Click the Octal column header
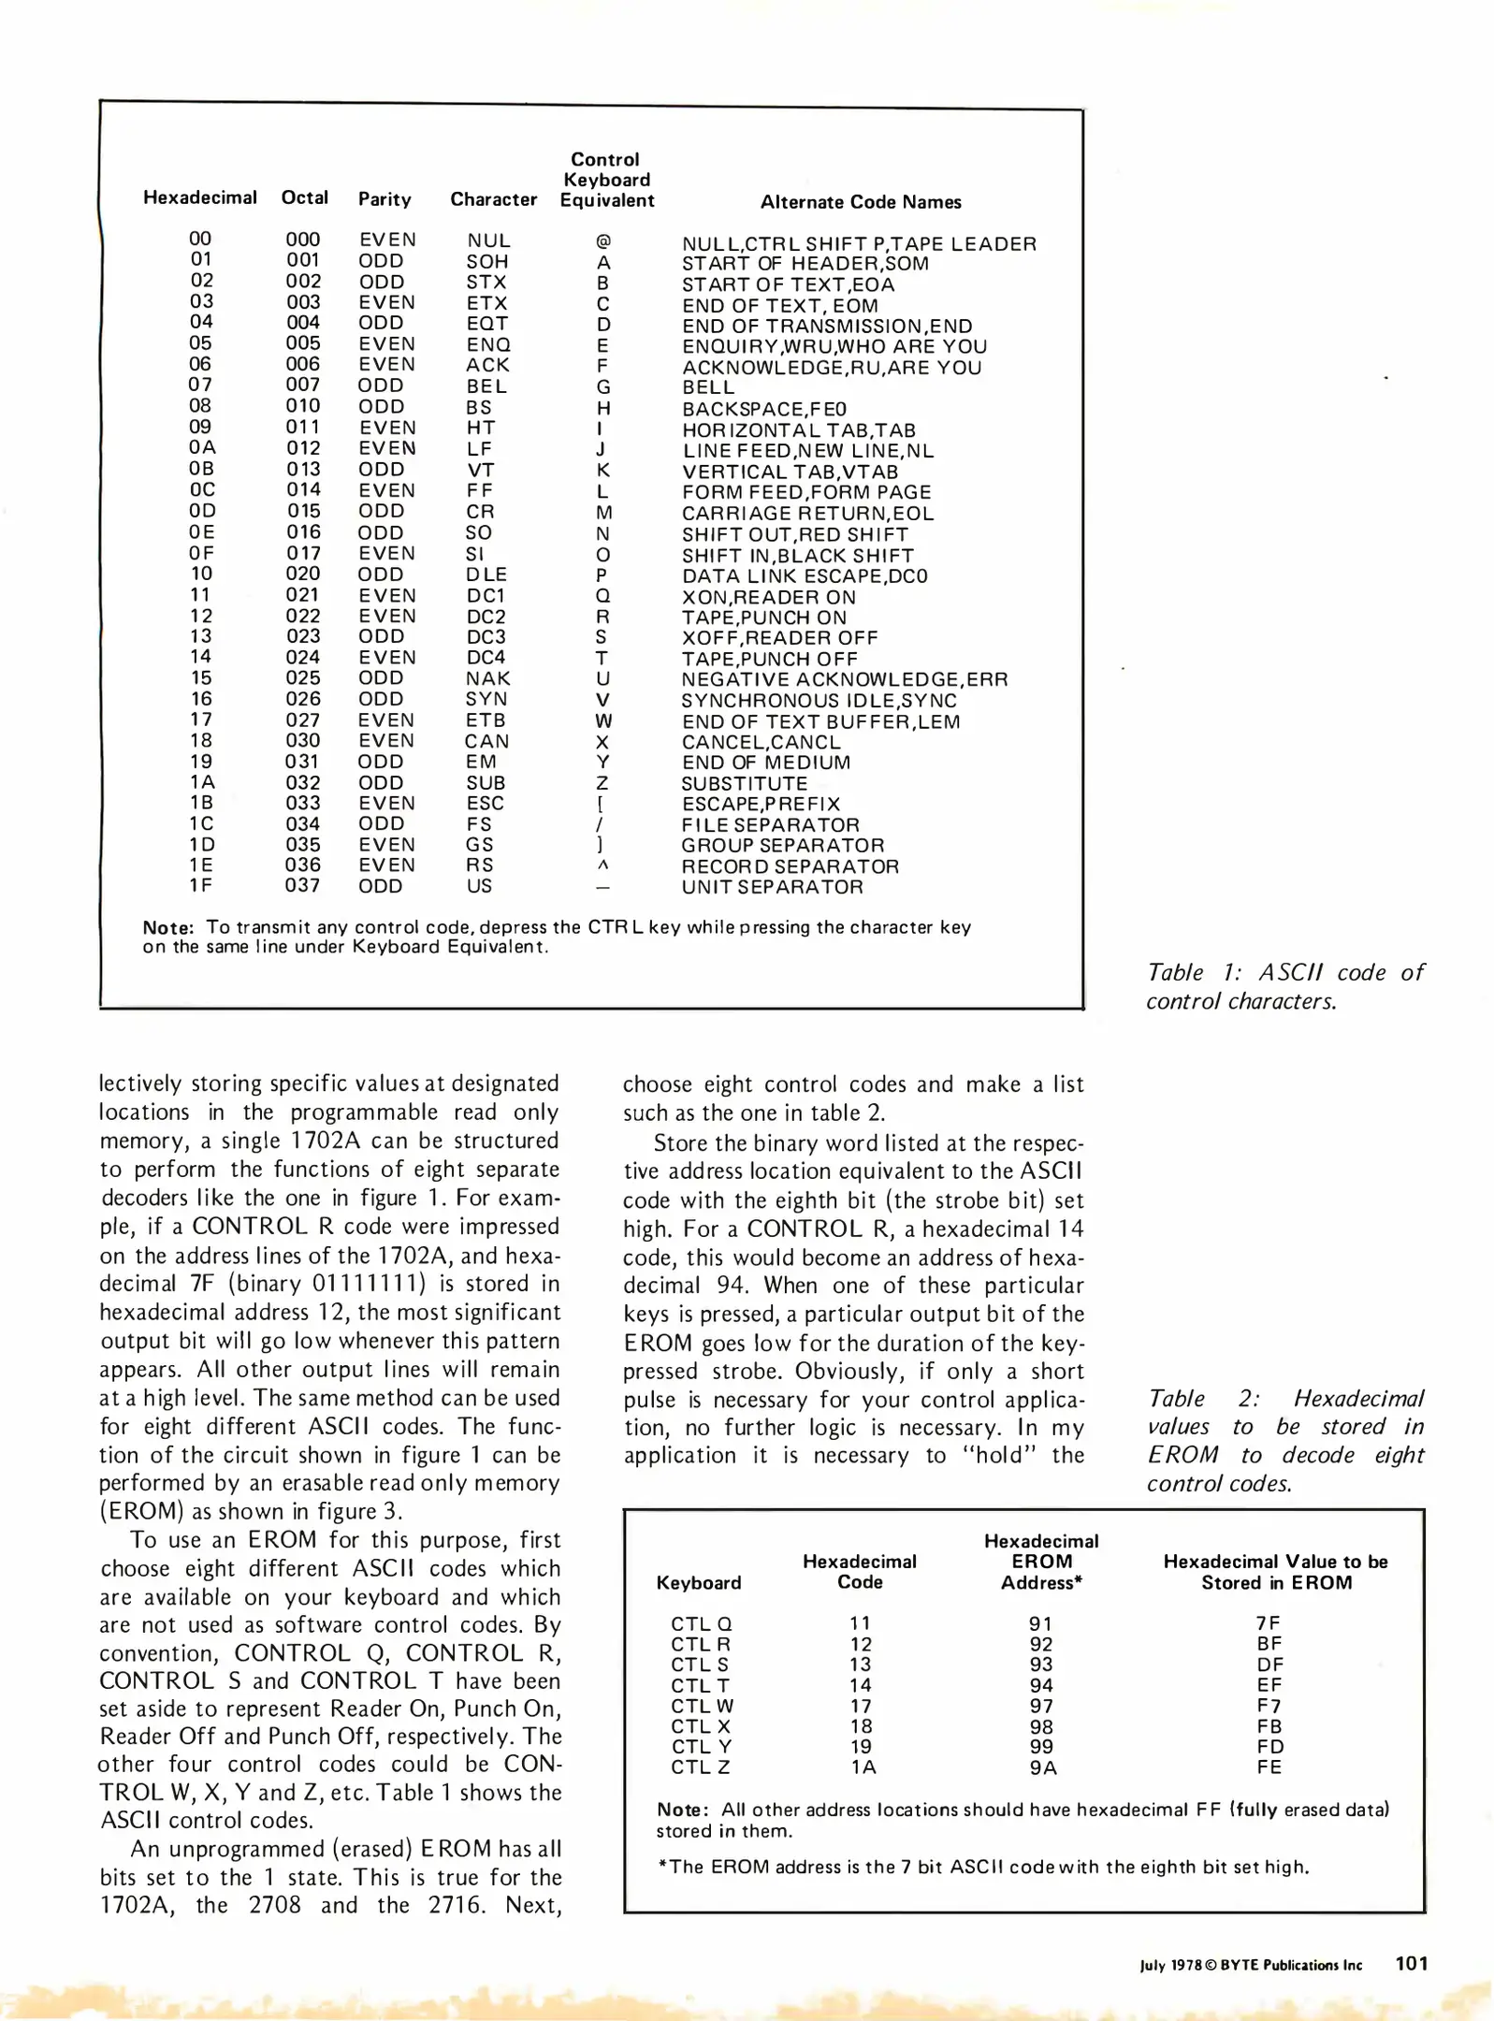[305, 197]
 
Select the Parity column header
[384, 198]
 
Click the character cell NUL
[488, 240]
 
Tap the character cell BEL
[486, 385]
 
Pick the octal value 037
[303, 885]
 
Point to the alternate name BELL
[708, 387]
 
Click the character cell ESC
[485, 803]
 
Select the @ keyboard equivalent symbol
[603, 241]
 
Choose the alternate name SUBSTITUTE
[744, 783]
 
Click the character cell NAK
[488, 678]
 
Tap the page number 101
[1412, 1963]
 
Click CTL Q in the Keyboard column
[701, 1623]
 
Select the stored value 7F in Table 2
[1269, 1623]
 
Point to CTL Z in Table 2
[700, 1767]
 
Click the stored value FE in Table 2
[1269, 1767]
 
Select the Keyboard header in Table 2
[699, 1582]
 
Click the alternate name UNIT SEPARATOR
[772, 886]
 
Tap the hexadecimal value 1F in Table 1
[201, 885]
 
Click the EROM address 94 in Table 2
[1041, 1685]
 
